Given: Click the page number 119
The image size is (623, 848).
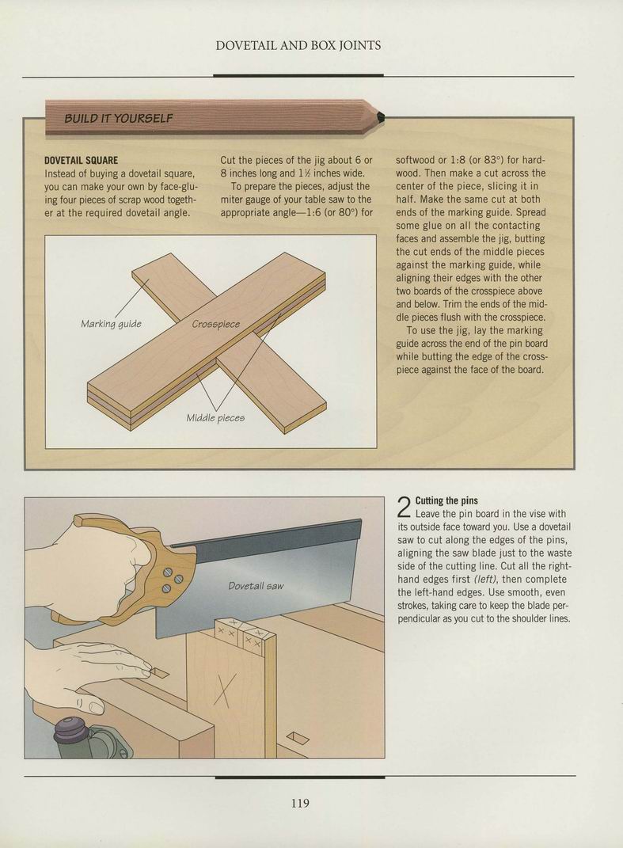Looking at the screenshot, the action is pos(300,803).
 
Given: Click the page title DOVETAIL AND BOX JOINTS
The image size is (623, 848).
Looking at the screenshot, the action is pos(298,45).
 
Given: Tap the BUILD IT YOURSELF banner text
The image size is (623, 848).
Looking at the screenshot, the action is pos(119,118).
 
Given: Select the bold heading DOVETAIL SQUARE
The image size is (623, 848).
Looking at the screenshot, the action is pos(81,161).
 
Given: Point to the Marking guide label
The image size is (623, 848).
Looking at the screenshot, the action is pos(111,323).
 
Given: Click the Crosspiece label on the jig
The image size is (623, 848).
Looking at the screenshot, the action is pos(216,324).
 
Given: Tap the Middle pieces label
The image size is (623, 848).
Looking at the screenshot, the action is pos(215,417).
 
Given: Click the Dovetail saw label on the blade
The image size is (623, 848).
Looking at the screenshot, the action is pos(256,586).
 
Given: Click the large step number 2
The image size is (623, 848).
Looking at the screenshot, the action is pos(405,508).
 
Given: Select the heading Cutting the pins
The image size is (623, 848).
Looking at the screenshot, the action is pos(446,500).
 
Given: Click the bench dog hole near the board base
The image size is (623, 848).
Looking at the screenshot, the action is pos(297,738).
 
